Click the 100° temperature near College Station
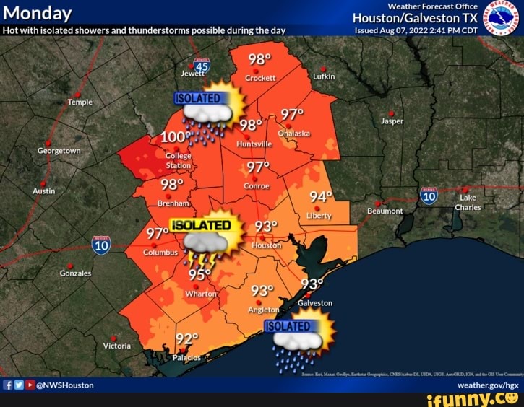(174, 137)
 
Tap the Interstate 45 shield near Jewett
(202, 66)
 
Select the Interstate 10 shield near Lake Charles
(429, 195)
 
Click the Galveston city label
(315, 303)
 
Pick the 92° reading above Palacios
(187, 340)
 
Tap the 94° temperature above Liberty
(320, 198)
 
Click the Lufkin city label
(323, 76)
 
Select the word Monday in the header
(38, 14)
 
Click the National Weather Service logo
(501, 17)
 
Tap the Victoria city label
(116, 346)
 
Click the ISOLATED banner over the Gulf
(288, 327)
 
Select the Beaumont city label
(385, 211)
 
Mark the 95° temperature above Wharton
(199, 274)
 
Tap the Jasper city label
(392, 121)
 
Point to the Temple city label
(80, 102)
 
